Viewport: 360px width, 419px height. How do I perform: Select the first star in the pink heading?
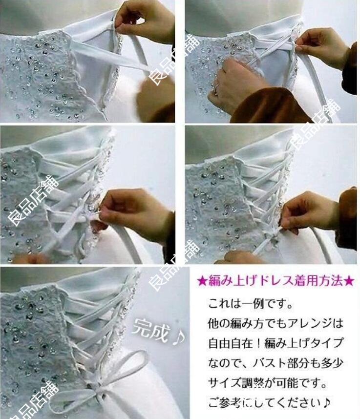point(201,281)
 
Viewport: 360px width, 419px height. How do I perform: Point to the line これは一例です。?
point(251,304)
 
